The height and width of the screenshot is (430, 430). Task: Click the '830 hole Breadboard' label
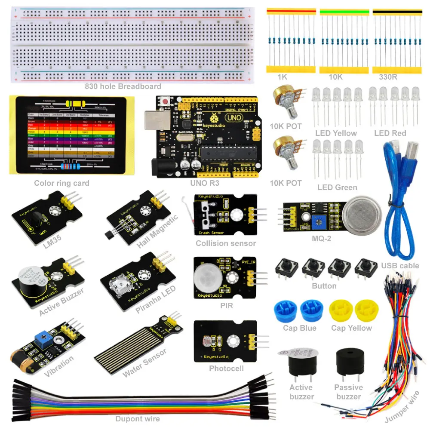[123, 86]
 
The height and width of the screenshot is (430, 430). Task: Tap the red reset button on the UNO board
[164, 102]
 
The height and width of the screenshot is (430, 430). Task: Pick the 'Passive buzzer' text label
[349, 392]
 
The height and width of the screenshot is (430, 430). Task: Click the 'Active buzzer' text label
[301, 392]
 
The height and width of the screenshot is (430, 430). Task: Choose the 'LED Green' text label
[337, 187]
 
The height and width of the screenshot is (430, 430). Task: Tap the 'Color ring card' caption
[62, 183]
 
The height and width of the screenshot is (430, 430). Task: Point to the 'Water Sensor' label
[144, 363]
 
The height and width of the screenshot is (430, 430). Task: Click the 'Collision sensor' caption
[226, 243]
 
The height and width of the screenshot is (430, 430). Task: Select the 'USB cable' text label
[400, 265]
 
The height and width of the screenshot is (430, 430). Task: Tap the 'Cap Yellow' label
[351, 328]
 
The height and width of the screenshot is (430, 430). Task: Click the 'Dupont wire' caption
[138, 419]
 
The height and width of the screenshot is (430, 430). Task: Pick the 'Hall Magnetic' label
[157, 231]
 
